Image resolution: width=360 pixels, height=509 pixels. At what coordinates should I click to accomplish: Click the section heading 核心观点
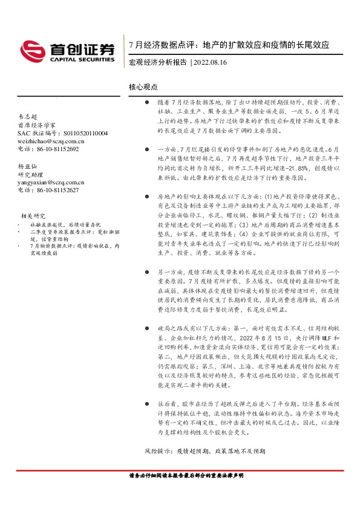(x=143, y=88)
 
